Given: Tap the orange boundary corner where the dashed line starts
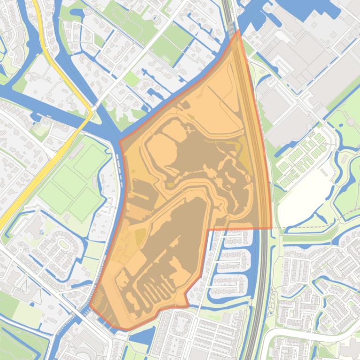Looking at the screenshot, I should [272, 228].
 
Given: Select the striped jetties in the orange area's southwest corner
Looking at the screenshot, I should [98, 304].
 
